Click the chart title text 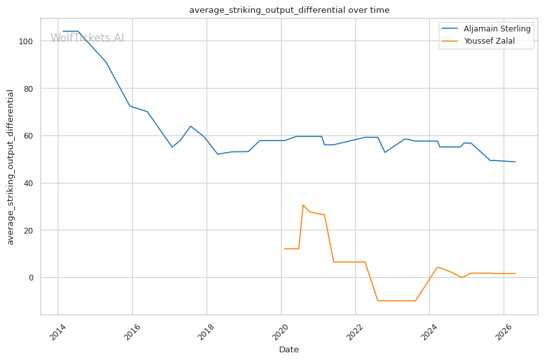[289, 10]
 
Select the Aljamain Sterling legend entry [486, 29]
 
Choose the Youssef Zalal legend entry [478, 41]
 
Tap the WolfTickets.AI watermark [87, 38]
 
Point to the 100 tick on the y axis [26, 41]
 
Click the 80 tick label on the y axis [28, 89]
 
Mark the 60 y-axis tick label [28, 136]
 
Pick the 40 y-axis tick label [28, 184]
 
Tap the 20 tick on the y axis [28, 230]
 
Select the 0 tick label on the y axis [31, 278]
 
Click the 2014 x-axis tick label [58, 332]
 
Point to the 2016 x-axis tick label [132, 332]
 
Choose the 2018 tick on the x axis [206, 332]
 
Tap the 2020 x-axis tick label [280, 332]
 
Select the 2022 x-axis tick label [355, 332]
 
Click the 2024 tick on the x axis [429, 332]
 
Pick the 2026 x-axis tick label [504, 332]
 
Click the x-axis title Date [289, 350]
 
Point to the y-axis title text [10, 167]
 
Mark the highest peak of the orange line [303, 205]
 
